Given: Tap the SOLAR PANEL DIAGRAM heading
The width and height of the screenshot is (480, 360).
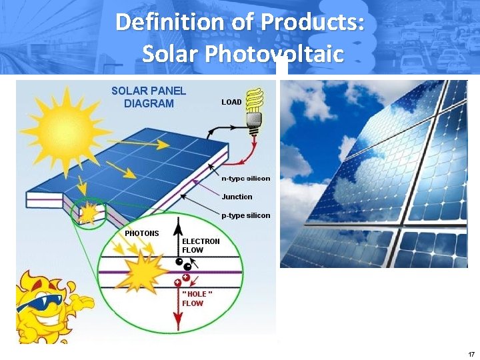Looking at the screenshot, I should pos(149,97).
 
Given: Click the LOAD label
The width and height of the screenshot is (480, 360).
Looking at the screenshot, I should pos(231,103).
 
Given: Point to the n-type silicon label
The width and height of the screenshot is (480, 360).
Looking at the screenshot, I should pos(246,178).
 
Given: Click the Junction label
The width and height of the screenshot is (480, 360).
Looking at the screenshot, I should pos(237,197).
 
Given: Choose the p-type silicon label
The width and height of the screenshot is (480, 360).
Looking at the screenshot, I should pos(246,215).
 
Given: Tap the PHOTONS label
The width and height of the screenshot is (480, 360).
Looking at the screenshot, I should pos(142,233).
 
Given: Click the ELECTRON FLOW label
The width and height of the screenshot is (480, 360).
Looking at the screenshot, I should pos(201,245).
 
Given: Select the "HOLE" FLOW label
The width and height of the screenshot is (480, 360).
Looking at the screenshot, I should pos(197,299).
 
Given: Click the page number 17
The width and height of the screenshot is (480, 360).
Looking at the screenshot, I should pos(471,353).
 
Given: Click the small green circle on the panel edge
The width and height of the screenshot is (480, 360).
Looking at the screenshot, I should pos(89,212).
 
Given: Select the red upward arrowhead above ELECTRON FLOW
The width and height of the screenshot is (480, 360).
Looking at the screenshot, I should pos(179,223).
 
